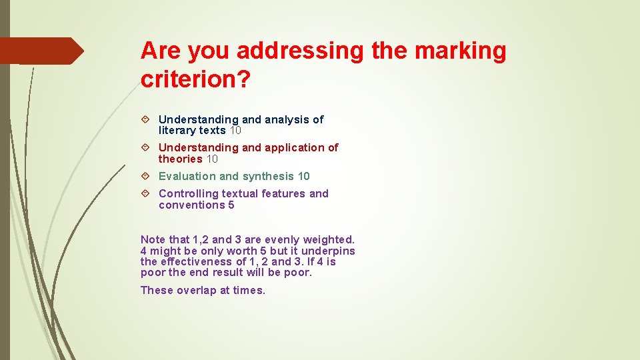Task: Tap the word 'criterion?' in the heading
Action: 195,79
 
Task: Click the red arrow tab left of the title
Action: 41,51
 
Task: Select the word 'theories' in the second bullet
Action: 180,159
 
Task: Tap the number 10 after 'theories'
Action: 212,159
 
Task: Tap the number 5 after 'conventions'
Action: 231,205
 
